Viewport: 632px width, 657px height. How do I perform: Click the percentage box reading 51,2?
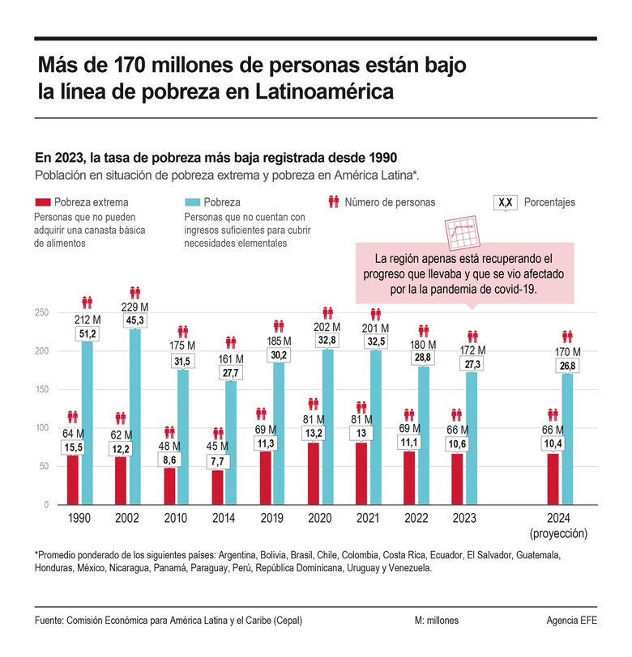coord(88,333)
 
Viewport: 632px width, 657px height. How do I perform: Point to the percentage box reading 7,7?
coord(218,461)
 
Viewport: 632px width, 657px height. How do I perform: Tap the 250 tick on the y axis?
coord(41,313)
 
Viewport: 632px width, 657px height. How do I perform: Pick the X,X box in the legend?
coord(505,201)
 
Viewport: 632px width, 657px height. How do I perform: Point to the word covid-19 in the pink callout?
coord(509,288)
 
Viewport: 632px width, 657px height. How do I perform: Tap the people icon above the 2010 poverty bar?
coord(183,331)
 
